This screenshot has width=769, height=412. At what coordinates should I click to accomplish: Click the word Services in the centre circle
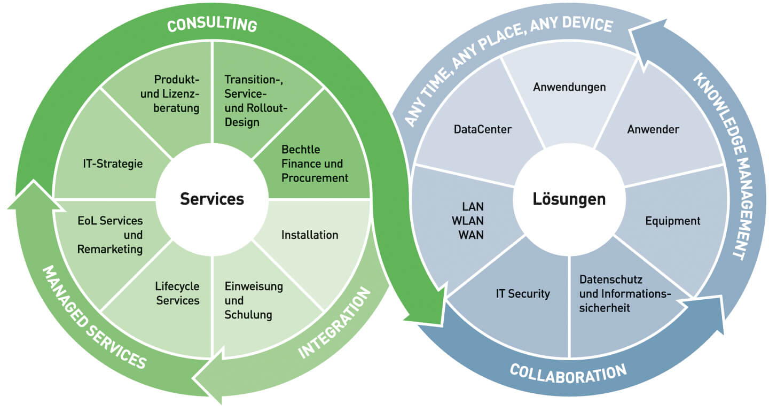[212, 199]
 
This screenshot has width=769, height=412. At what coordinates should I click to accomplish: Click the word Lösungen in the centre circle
[569, 199]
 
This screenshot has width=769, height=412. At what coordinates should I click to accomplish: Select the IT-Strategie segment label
[112, 164]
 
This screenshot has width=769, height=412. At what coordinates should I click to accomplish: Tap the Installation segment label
[310, 235]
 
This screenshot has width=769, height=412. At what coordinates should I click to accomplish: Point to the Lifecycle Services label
[178, 293]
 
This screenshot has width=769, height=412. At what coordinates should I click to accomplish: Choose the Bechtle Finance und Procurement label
[315, 164]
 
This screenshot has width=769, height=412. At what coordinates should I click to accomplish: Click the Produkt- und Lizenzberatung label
[177, 94]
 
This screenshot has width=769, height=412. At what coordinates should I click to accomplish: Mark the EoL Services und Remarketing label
[110, 235]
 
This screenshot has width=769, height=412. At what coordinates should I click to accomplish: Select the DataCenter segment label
[483, 129]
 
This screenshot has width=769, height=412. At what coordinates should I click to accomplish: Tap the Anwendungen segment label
[569, 87]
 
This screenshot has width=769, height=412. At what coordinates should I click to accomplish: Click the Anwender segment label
[653, 129]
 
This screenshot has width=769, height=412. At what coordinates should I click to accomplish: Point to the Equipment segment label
[673, 221]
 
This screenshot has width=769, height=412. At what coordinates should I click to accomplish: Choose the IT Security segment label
[522, 293]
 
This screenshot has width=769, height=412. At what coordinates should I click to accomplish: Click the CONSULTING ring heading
[213, 25]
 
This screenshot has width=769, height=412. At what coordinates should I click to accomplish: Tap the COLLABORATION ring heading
[568, 373]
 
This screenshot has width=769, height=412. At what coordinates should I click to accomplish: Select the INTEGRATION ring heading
[334, 323]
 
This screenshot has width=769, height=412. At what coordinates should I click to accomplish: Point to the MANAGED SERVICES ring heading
[94, 317]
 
